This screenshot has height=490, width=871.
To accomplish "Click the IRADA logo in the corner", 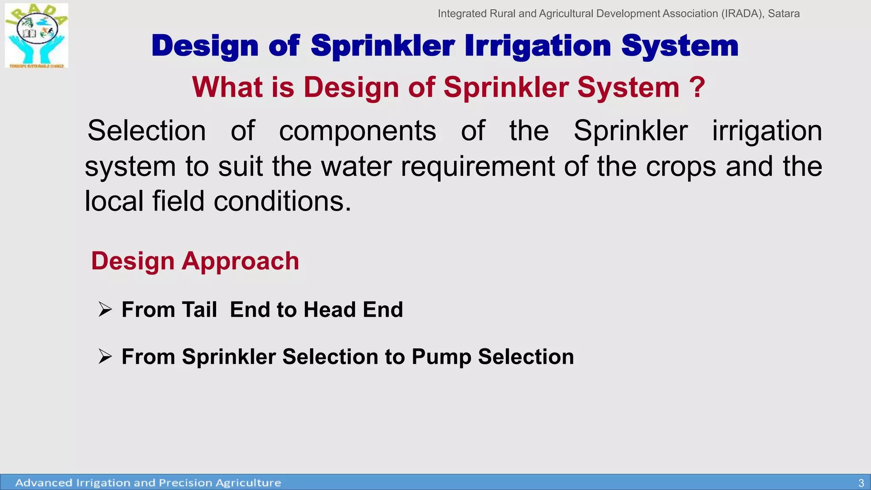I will pyautogui.click(x=37, y=35).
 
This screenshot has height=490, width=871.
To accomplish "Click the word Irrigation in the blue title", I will pyautogui.click(x=538, y=46).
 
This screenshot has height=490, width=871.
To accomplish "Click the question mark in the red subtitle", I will pyautogui.click(x=697, y=87).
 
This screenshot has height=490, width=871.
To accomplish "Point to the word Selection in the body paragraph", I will pyautogui.click(x=147, y=131).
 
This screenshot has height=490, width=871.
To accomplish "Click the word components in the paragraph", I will pyautogui.click(x=357, y=131).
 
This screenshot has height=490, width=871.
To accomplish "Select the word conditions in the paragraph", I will pyautogui.click(x=282, y=201).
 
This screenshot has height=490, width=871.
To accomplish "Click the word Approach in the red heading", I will pyautogui.click(x=240, y=261).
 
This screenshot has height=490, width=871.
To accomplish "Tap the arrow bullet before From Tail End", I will pyautogui.click(x=105, y=309).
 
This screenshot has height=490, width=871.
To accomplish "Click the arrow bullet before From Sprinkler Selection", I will pyautogui.click(x=105, y=356).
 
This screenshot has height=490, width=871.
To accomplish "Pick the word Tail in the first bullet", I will pyautogui.click(x=199, y=310).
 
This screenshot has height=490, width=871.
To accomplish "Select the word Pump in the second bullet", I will pyautogui.click(x=441, y=357).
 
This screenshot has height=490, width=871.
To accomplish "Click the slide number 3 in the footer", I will pyautogui.click(x=861, y=483).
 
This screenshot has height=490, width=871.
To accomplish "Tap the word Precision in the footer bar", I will pyautogui.click(x=185, y=483).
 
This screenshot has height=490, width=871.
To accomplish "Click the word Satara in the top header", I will pyautogui.click(x=783, y=14).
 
